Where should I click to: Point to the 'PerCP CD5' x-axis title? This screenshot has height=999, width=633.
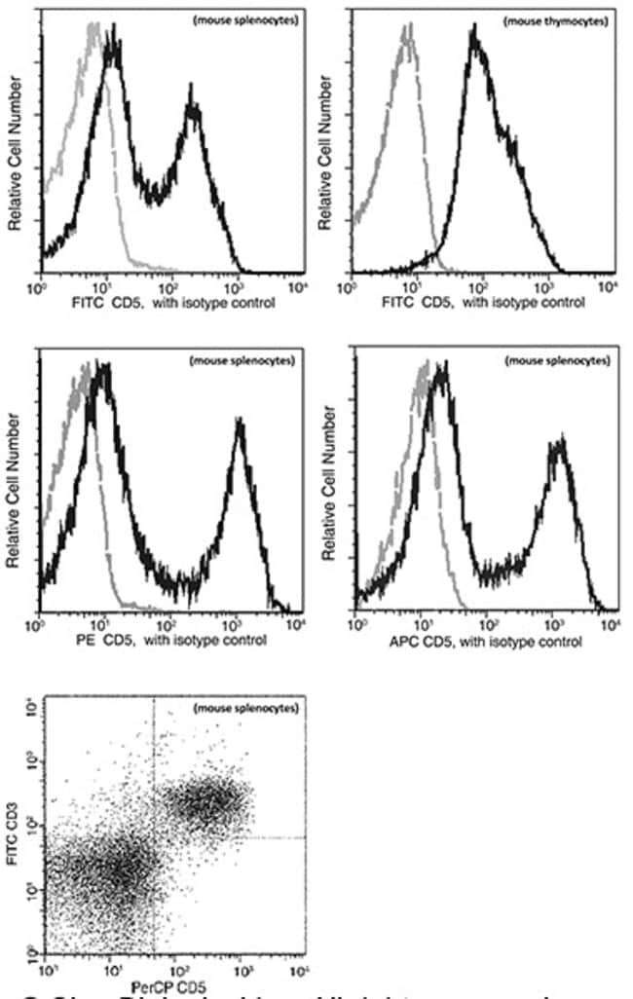(172, 984)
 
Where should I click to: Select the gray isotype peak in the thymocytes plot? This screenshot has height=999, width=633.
(407, 39)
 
